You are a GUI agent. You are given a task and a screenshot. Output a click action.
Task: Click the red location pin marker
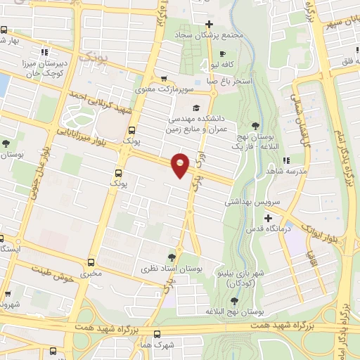pos(181,165)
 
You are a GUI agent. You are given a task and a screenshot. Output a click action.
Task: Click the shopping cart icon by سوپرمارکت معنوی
pos(164,78)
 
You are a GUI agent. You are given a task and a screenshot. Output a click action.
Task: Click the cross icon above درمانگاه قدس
pos(266,217)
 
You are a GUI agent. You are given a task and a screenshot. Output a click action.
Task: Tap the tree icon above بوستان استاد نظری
pos(173,257)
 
